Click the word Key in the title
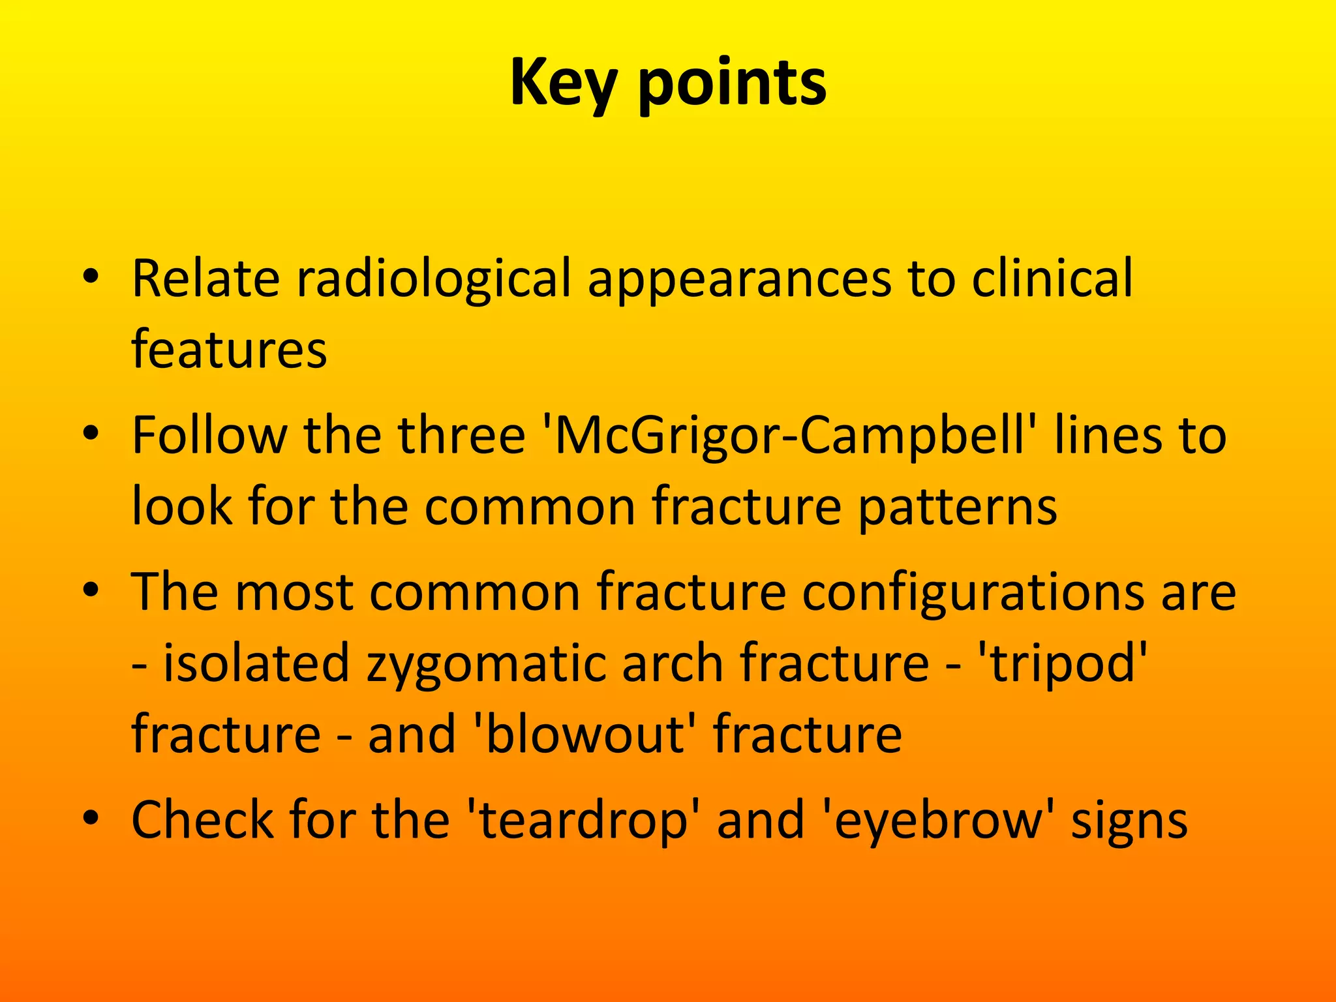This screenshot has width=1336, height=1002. click(562, 83)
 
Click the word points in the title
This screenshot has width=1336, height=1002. click(732, 83)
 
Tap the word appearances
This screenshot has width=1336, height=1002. click(739, 279)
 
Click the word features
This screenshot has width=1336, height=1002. click(229, 350)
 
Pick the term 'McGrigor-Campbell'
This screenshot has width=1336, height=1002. click(789, 436)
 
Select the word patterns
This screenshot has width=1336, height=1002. click(957, 507)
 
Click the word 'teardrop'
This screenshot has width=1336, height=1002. click(583, 820)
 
